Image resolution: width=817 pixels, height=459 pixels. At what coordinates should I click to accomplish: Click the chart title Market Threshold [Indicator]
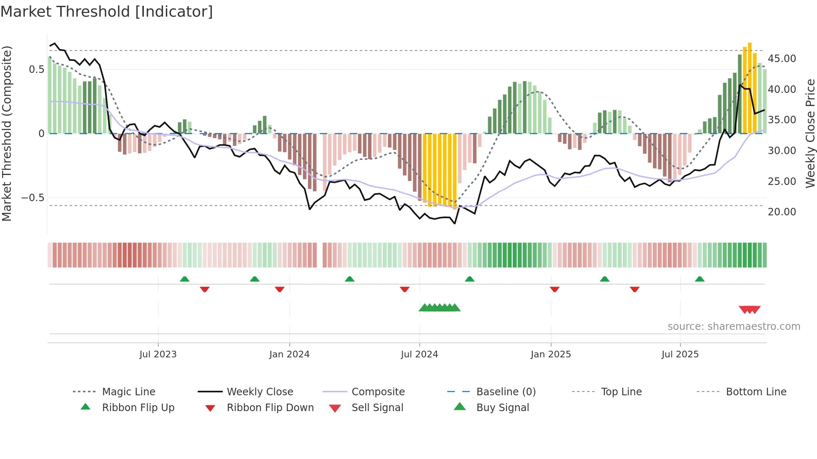pyautogui.click(x=107, y=12)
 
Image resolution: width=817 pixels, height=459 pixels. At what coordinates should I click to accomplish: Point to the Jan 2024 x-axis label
pyautogui.click(x=289, y=354)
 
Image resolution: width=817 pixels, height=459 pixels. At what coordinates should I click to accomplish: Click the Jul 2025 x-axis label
pyautogui.click(x=680, y=354)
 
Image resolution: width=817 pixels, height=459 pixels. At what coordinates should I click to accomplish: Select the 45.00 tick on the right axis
pyautogui.click(x=782, y=59)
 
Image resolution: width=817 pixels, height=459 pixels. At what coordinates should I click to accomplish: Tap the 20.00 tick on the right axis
pyautogui.click(x=782, y=212)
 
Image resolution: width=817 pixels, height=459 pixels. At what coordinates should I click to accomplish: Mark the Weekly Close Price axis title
pyautogui.click(x=810, y=133)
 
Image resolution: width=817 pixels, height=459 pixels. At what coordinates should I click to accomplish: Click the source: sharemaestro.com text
pyautogui.click(x=734, y=326)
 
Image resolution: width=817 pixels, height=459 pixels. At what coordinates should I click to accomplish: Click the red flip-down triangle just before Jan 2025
pyautogui.click(x=554, y=289)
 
